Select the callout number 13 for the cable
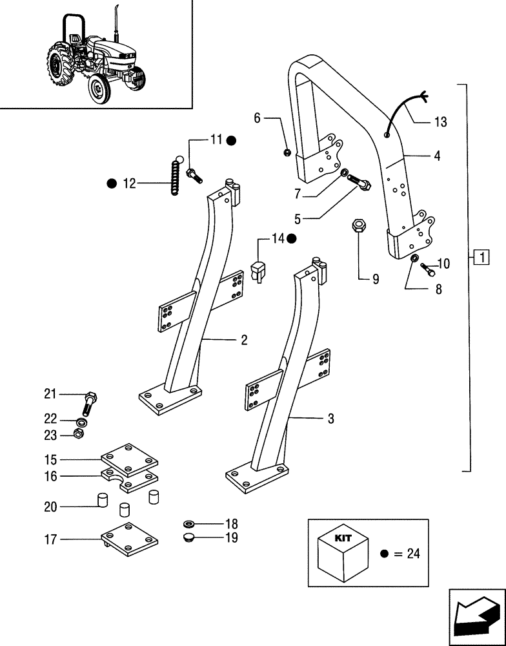pos(440,121)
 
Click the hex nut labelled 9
pos(359,227)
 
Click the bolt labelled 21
pos(90,404)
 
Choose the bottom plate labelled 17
pos(130,537)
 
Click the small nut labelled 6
pos(286,152)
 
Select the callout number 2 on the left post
pos(244,340)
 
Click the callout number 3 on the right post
pos(330,419)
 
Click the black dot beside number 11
pos(231,140)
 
